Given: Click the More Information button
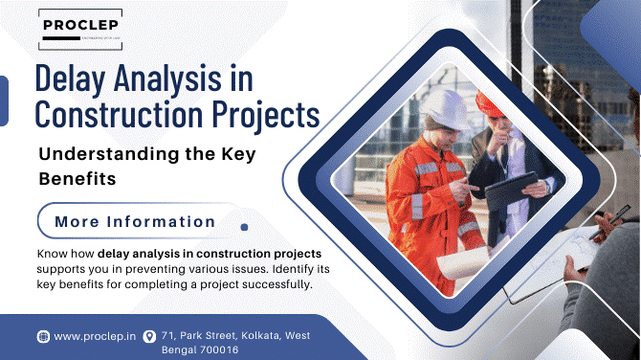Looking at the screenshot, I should [x=135, y=221].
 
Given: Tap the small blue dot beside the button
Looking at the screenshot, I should [x=244, y=227].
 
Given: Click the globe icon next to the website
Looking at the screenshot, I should [x=42, y=336].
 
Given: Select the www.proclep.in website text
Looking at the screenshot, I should [x=93, y=336].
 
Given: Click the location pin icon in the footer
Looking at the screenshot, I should [x=148, y=336].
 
